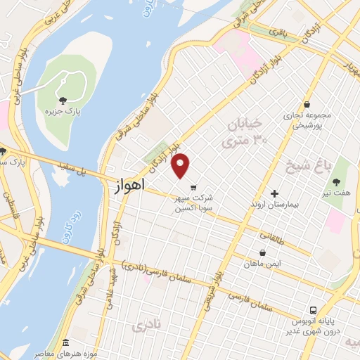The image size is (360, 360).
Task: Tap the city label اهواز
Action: click(128, 186)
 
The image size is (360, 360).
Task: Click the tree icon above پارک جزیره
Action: click(63, 100)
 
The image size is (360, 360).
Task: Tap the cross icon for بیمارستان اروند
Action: click(274, 193)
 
